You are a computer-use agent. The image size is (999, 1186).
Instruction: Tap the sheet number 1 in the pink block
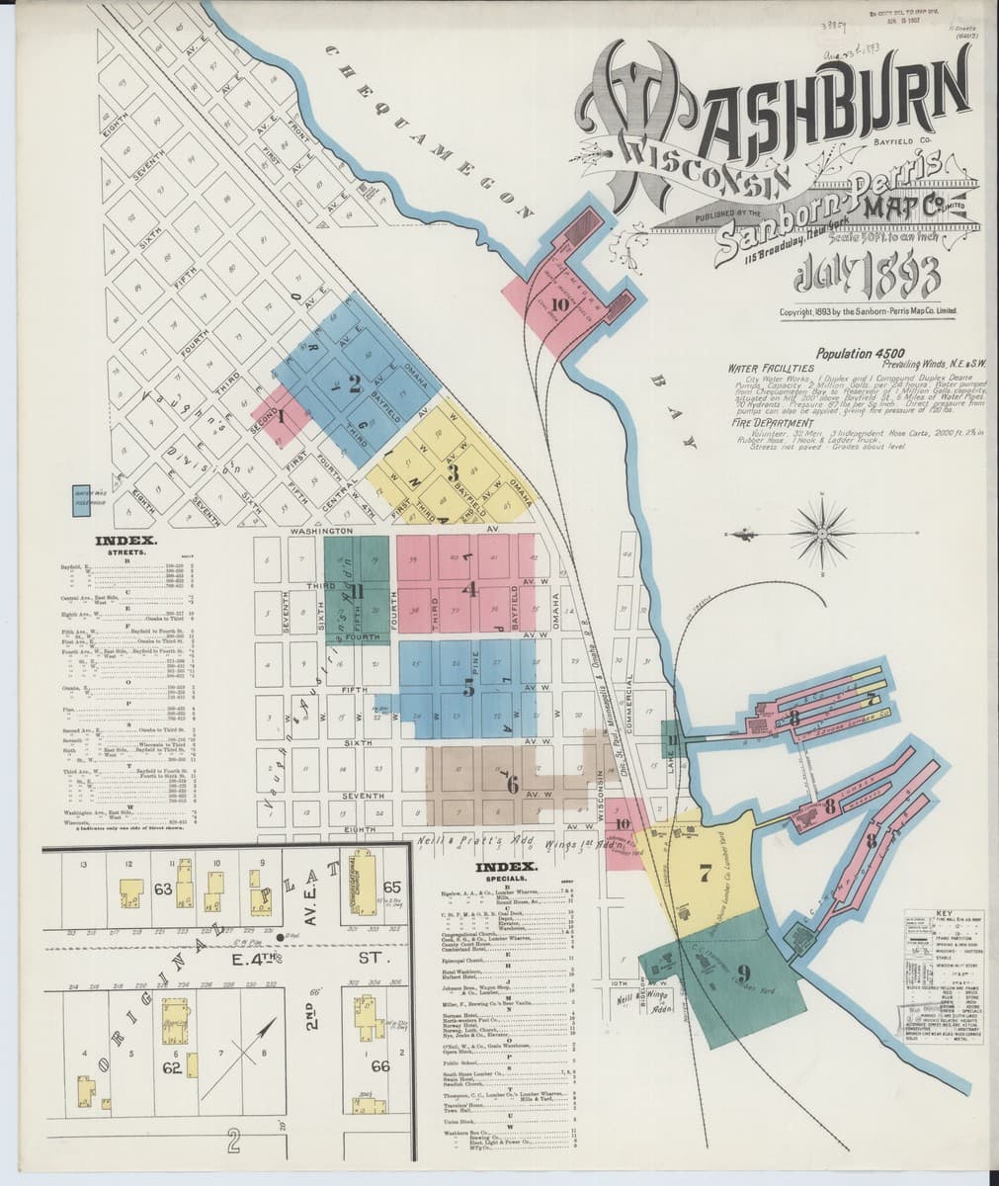(281, 416)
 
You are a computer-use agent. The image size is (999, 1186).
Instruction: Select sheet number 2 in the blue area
(353, 384)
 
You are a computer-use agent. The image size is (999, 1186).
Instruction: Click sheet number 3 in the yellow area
(453, 471)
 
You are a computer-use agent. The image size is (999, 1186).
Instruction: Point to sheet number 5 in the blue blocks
(468, 691)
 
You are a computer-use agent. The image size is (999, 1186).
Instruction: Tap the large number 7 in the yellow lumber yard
(705, 873)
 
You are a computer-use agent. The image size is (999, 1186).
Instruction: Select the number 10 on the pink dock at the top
(560, 304)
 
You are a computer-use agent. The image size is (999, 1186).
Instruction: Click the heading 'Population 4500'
(857, 353)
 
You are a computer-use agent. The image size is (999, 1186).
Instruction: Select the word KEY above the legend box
(942, 912)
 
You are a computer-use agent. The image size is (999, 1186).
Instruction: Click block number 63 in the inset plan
(162, 889)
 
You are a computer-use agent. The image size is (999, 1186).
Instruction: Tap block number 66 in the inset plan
(379, 1065)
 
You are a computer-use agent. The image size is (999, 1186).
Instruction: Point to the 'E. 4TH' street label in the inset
(258, 958)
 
